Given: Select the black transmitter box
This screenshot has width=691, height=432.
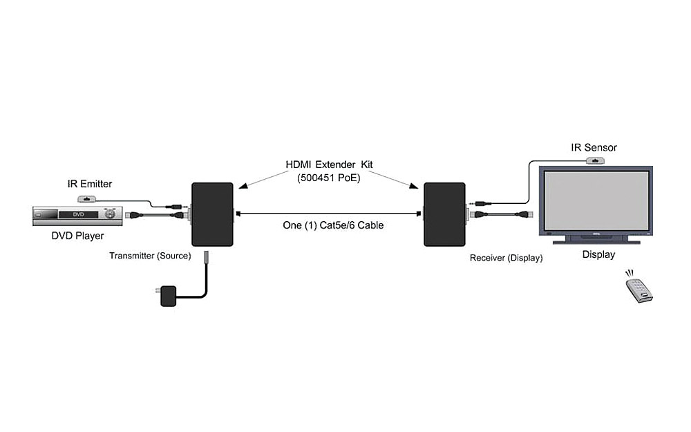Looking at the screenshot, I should click(211, 214).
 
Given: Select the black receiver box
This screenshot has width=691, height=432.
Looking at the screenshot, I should click(444, 214).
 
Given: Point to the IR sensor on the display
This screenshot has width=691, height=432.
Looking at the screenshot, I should click(596, 161).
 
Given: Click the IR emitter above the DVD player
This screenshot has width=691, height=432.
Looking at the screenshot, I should click(88, 198).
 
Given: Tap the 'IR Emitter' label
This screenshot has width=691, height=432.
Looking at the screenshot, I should click(89, 184).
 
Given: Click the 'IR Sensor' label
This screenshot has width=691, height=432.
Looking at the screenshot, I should click(594, 147).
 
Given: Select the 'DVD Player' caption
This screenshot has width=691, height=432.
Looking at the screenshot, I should click(77, 236).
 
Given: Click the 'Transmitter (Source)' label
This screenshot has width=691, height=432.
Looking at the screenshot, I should click(150, 256).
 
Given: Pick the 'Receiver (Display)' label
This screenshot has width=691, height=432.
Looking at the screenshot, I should click(506, 258).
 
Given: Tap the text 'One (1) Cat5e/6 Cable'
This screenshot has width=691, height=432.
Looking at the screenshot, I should click(333, 225).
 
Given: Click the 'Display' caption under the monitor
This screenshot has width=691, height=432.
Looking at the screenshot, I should click(598, 254).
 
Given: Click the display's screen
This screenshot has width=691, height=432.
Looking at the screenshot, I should click(596, 200).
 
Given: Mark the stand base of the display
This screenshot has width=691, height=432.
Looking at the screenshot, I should click(596, 240).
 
